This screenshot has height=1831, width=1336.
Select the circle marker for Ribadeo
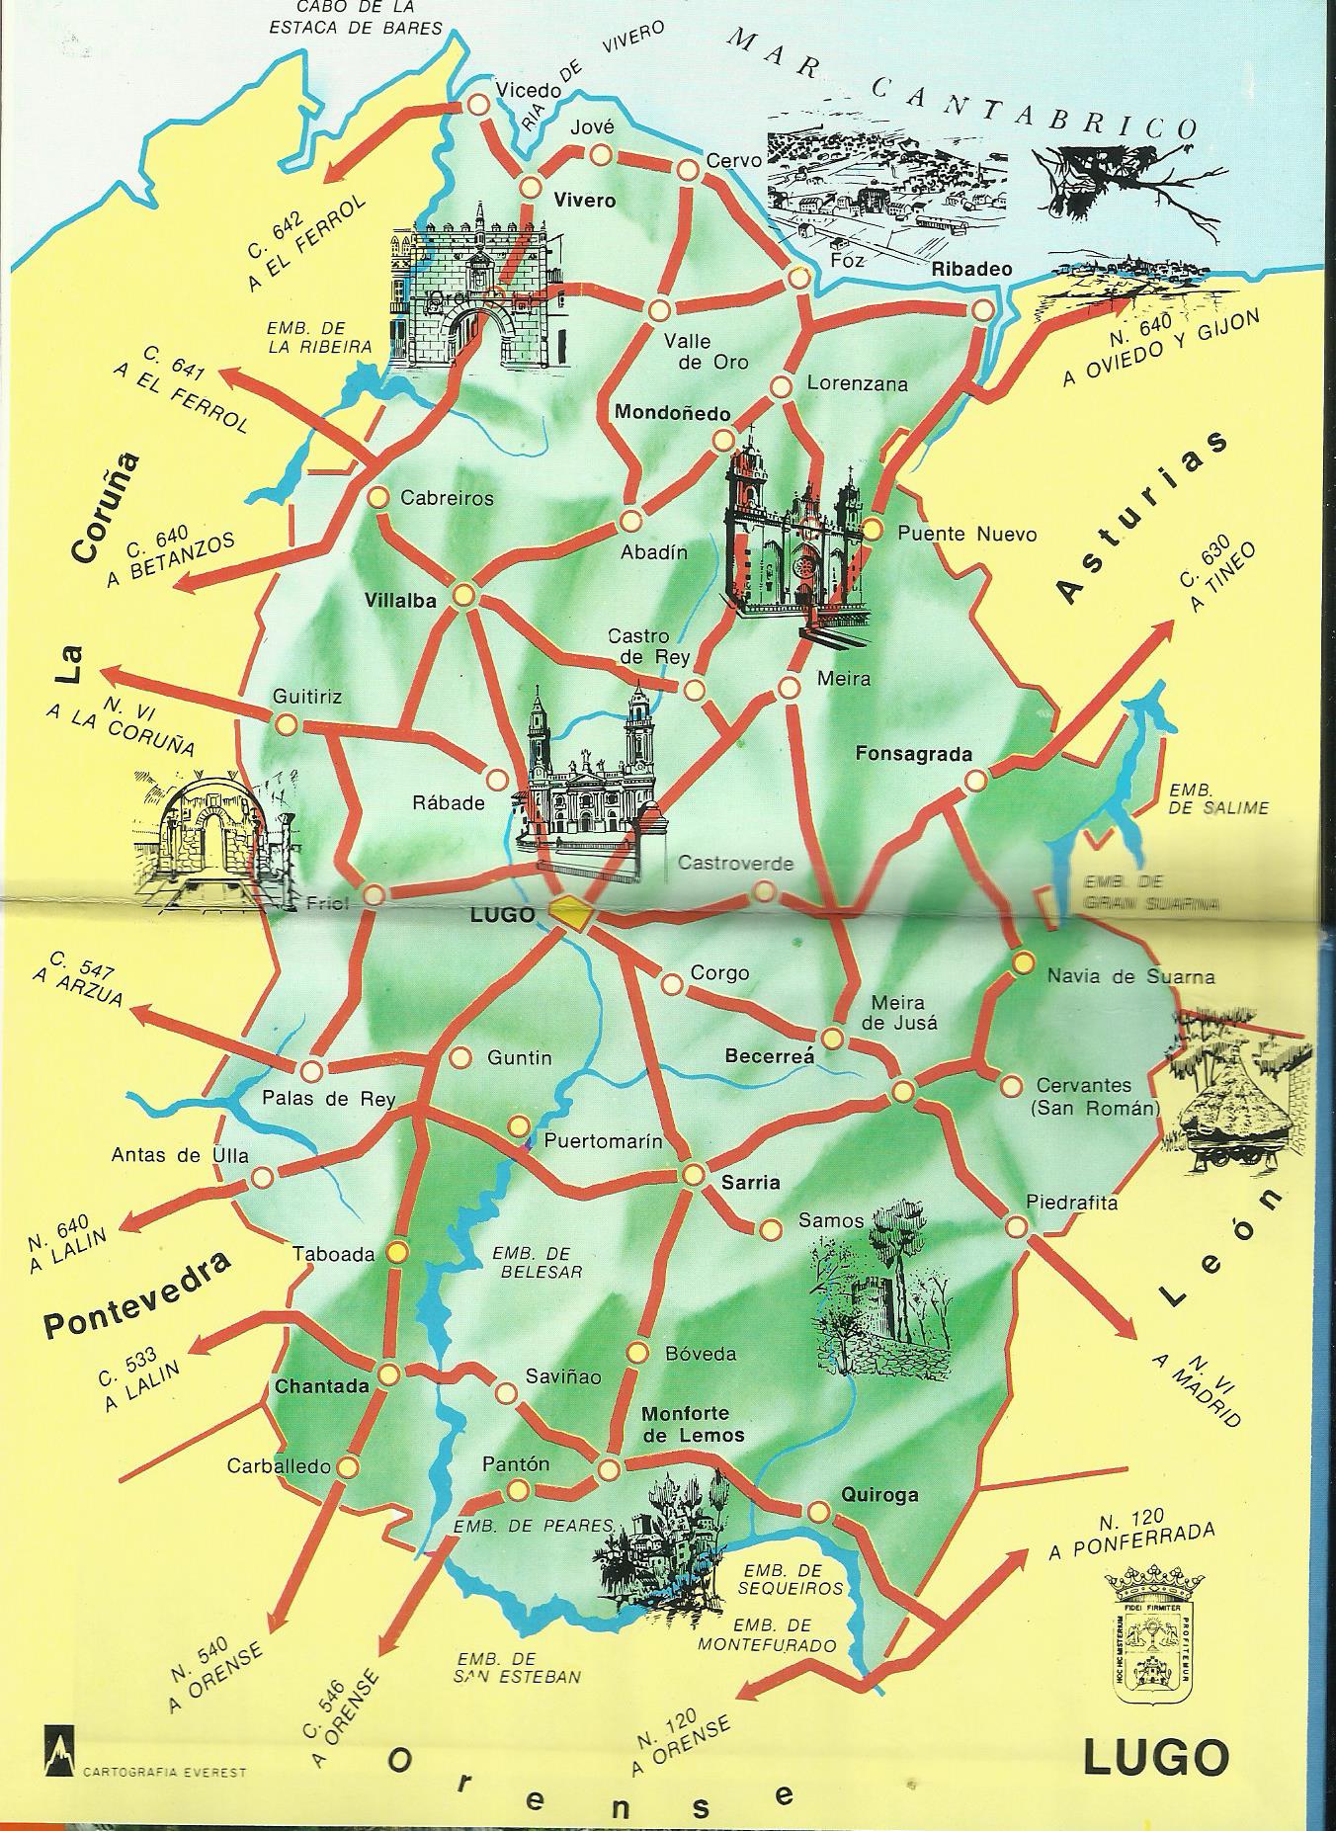981,310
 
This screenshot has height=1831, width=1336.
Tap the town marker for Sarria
693,1175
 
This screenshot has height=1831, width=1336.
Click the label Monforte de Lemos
693,1423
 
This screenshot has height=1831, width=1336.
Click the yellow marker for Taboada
397,1253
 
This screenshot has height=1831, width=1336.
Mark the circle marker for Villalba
463,595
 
